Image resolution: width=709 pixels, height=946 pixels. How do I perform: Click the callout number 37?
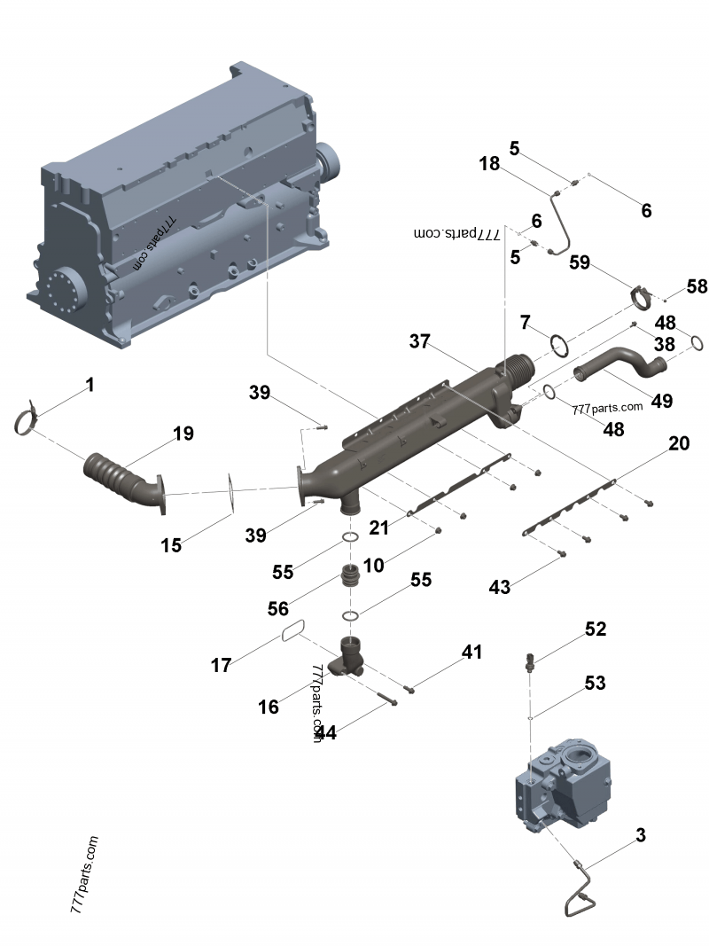pos(420,341)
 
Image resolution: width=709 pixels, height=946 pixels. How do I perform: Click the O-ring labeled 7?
pos(558,344)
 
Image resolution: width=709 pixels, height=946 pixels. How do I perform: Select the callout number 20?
pos(678,443)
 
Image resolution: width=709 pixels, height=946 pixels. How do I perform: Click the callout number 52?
pos(595,629)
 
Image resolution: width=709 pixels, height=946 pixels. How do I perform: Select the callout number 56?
pos(277,609)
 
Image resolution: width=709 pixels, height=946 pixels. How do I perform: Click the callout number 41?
pos(471,652)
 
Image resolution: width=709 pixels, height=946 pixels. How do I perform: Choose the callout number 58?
pos(697,286)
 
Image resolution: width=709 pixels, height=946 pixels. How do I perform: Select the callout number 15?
pos(171,545)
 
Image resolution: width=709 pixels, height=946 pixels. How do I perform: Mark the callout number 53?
pos(595,683)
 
